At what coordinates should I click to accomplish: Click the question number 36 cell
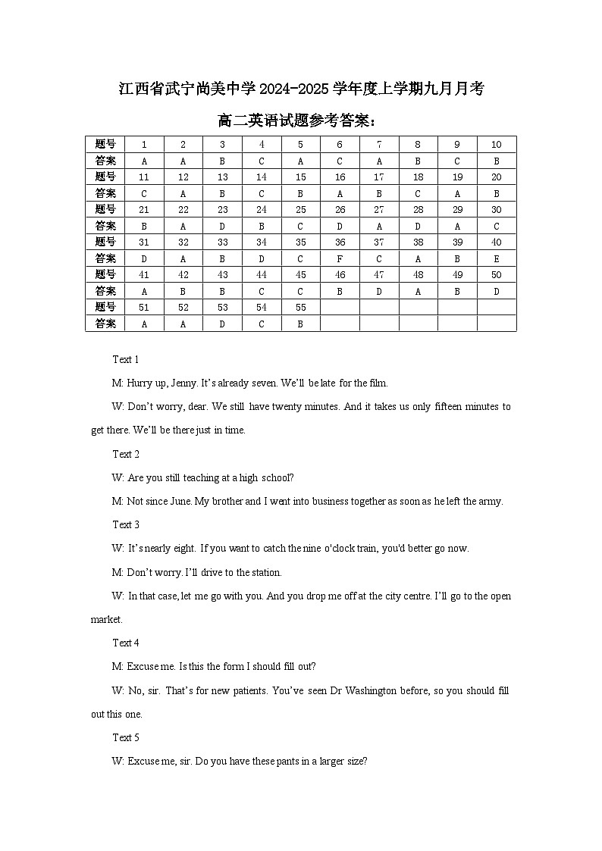340,242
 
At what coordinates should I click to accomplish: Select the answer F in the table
340,258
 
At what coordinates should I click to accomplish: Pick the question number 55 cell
300,308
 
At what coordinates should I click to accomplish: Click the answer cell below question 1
144,161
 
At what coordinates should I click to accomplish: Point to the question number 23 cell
222,210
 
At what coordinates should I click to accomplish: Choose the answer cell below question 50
497,291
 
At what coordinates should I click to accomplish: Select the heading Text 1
126,359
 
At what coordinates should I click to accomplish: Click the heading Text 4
126,643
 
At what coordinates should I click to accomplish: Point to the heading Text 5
126,737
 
